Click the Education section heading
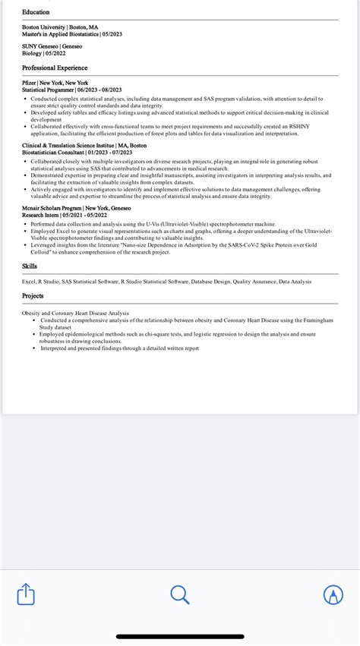point(36,12)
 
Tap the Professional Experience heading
point(55,68)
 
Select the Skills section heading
point(30,266)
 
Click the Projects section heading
point(33,296)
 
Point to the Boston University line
point(59,27)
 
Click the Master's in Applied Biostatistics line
point(72,34)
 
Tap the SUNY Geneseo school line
point(52,46)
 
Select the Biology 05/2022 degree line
point(43,53)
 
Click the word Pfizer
point(29,83)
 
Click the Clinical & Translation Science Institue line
point(84,145)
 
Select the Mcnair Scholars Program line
point(76,208)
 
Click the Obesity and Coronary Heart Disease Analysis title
point(75,313)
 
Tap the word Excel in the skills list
point(30,282)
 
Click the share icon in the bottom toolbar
point(27,594)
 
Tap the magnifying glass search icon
point(180,594)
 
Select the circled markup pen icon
point(333,594)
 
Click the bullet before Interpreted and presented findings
point(33,348)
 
